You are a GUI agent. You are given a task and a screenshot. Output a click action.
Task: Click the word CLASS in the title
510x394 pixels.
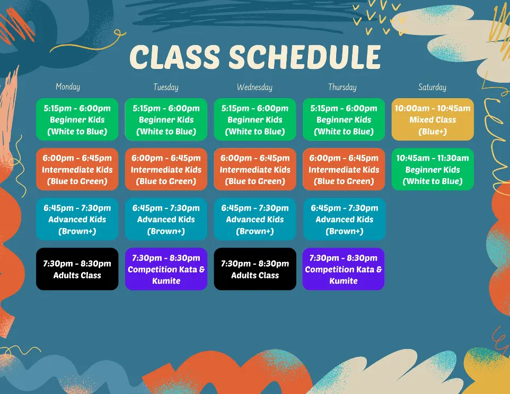pyautogui.click(x=175, y=57)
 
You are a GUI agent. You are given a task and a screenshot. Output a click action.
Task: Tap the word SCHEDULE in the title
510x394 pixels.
pyautogui.click(x=305, y=57)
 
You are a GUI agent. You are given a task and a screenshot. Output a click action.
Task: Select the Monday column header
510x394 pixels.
pyautogui.click(x=68, y=87)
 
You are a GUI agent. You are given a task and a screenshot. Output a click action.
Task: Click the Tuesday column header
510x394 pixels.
pyautogui.click(x=166, y=87)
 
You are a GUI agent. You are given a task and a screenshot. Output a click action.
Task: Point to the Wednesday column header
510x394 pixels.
pyautogui.click(x=254, y=87)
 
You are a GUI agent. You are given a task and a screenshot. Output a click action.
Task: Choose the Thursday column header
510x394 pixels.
pyautogui.click(x=342, y=87)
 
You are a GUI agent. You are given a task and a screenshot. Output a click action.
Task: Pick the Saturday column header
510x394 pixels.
pyautogui.click(x=432, y=87)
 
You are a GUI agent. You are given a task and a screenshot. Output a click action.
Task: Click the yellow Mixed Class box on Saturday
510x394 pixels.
pyautogui.click(x=433, y=119)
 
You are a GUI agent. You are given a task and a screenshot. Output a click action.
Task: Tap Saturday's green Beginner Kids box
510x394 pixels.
pyautogui.click(x=433, y=169)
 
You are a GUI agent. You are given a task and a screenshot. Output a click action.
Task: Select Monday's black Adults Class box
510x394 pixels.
pyautogui.click(x=77, y=269)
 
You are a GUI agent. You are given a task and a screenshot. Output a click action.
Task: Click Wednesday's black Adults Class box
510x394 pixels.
pyautogui.click(x=255, y=269)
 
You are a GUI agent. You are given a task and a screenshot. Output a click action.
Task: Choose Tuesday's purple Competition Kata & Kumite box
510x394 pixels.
pyautogui.click(x=166, y=269)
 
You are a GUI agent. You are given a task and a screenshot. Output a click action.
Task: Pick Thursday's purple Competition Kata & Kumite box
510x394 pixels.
pyautogui.click(x=344, y=269)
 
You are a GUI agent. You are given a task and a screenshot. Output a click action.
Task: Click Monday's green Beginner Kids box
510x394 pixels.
pyautogui.click(x=77, y=119)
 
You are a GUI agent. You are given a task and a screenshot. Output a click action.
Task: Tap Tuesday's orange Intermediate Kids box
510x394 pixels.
pyautogui.click(x=166, y=169)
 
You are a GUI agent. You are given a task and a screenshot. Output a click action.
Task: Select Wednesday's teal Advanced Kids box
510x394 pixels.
pyautogui.click(x=255, y=219)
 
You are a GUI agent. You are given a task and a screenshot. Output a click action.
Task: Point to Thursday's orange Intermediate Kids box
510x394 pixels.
pyautogui.click(x=344, y=169)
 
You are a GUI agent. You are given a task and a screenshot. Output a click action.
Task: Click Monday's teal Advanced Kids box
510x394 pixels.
pyautogui.click(x=77, y=219)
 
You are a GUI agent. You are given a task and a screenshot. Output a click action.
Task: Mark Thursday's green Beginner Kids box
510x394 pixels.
pyautogui.click(x=344, y=119)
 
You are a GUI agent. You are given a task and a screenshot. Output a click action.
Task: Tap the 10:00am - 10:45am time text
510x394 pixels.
pyautogui.click(x=433, y=108)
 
